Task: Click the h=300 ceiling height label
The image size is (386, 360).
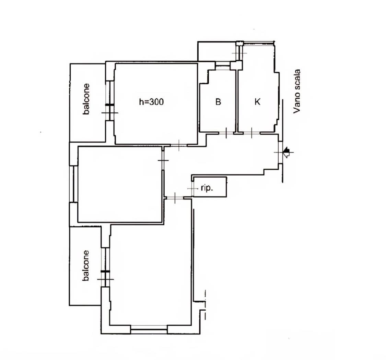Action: click(151, 101)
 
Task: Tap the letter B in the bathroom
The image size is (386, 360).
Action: click(218, 101)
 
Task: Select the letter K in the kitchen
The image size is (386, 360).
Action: click(257, 101)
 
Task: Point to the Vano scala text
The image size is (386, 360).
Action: click(297, 91)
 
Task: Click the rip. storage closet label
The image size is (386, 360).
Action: click(207, 188)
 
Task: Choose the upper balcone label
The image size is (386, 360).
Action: click(86, 99)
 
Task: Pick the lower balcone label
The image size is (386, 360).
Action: click(86, 265)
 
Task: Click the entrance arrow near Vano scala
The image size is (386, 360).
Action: click(286, 152)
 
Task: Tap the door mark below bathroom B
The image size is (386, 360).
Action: click(226, 133)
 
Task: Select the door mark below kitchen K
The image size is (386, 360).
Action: click(252, 133)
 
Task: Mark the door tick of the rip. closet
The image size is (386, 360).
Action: click(192, 189)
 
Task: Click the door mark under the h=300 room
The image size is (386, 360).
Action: click(179, 145)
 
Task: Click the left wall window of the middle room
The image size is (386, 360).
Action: click(74, 184)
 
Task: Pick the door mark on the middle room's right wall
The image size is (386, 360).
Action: click(163, 160)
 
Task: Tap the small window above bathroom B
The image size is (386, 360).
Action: click(223, 65)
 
